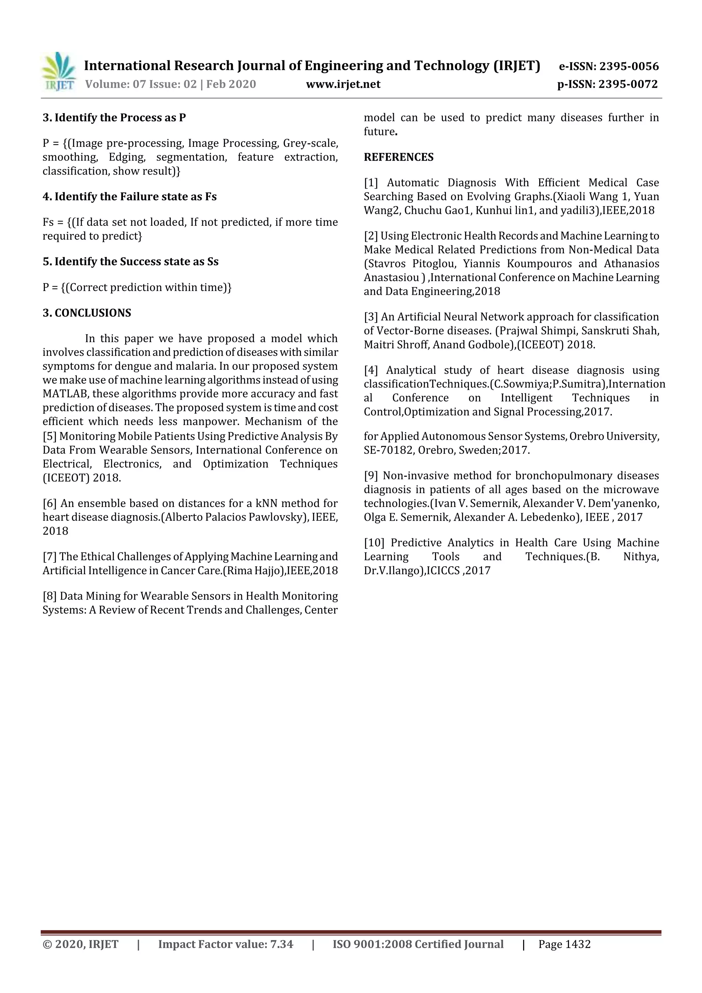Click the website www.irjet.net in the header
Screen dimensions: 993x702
coord(343,84)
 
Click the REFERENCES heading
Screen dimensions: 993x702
coord(398,157)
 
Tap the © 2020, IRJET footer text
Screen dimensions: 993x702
coord(81,944)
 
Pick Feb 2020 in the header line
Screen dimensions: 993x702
coord(231,84)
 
